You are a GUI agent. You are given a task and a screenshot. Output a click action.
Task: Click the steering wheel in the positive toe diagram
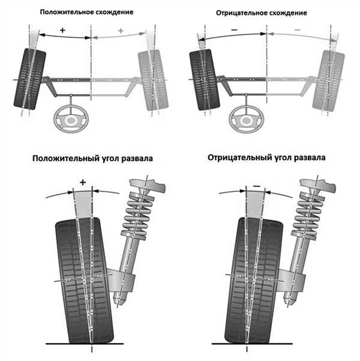[71, 119]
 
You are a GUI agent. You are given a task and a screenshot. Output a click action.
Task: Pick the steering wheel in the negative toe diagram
[247, 119]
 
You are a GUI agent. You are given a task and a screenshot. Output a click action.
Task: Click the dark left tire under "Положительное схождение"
[30, 79]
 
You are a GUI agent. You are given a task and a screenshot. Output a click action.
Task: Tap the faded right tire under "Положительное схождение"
[153, 80]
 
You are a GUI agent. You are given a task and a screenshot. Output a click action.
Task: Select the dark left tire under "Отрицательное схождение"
[204, 80]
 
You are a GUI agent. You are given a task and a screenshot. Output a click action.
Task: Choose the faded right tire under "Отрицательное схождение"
[329, 80]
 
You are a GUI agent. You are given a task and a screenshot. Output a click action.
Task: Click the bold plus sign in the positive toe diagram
[62, 30]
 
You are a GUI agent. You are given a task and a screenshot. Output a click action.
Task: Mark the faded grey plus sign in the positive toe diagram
[121, 31]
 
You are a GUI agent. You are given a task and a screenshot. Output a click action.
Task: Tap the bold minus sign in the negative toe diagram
[234, 30]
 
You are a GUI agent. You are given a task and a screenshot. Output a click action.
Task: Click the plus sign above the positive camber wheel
[83, 182]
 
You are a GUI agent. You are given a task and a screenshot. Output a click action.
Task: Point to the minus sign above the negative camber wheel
[257, 186]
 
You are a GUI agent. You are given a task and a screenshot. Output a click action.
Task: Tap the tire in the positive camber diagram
[84, 281]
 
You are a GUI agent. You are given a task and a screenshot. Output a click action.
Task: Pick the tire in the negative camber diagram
[254, 281]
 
